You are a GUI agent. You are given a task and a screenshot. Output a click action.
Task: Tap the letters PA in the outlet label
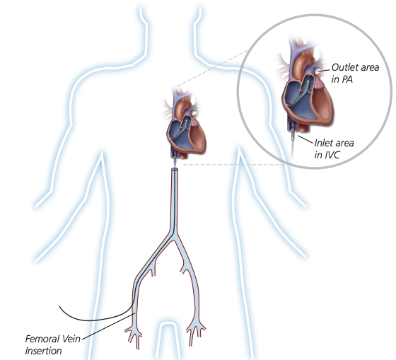(347, 79)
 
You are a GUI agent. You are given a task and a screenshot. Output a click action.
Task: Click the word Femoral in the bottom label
(42, 339)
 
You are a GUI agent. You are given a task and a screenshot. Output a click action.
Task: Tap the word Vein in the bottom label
(71, 339)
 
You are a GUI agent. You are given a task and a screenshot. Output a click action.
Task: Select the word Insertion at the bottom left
(43, 351)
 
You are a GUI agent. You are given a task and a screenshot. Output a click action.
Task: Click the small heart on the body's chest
(183, 125)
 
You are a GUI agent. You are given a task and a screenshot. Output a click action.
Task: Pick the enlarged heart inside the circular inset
(305, 86)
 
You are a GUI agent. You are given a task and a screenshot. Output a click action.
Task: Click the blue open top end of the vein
(175, 169)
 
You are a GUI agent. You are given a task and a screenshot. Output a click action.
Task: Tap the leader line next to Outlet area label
(324, 70)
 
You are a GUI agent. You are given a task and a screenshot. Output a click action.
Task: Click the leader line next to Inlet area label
(305, 139)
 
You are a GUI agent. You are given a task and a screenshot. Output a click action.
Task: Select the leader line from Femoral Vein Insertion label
(109, 325)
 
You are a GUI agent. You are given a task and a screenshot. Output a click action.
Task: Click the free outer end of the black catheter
(59, 306)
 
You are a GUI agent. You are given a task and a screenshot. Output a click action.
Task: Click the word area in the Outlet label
(370, 67)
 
